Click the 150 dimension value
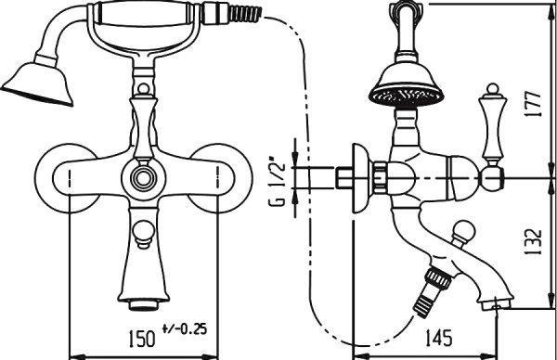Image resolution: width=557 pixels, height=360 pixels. [x=141, y=339]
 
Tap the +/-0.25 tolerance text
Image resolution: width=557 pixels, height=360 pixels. [x=185, y=329]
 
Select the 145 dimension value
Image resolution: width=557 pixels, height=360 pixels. [x=438, y=338]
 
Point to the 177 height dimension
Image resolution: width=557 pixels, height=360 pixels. [x=533, y=104]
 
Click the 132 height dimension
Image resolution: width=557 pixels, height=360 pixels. [x=533, y=242]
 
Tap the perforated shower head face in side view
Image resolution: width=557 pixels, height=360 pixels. [x=407, y=96]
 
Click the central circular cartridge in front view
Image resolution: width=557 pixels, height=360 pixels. [x=144, y=177]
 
